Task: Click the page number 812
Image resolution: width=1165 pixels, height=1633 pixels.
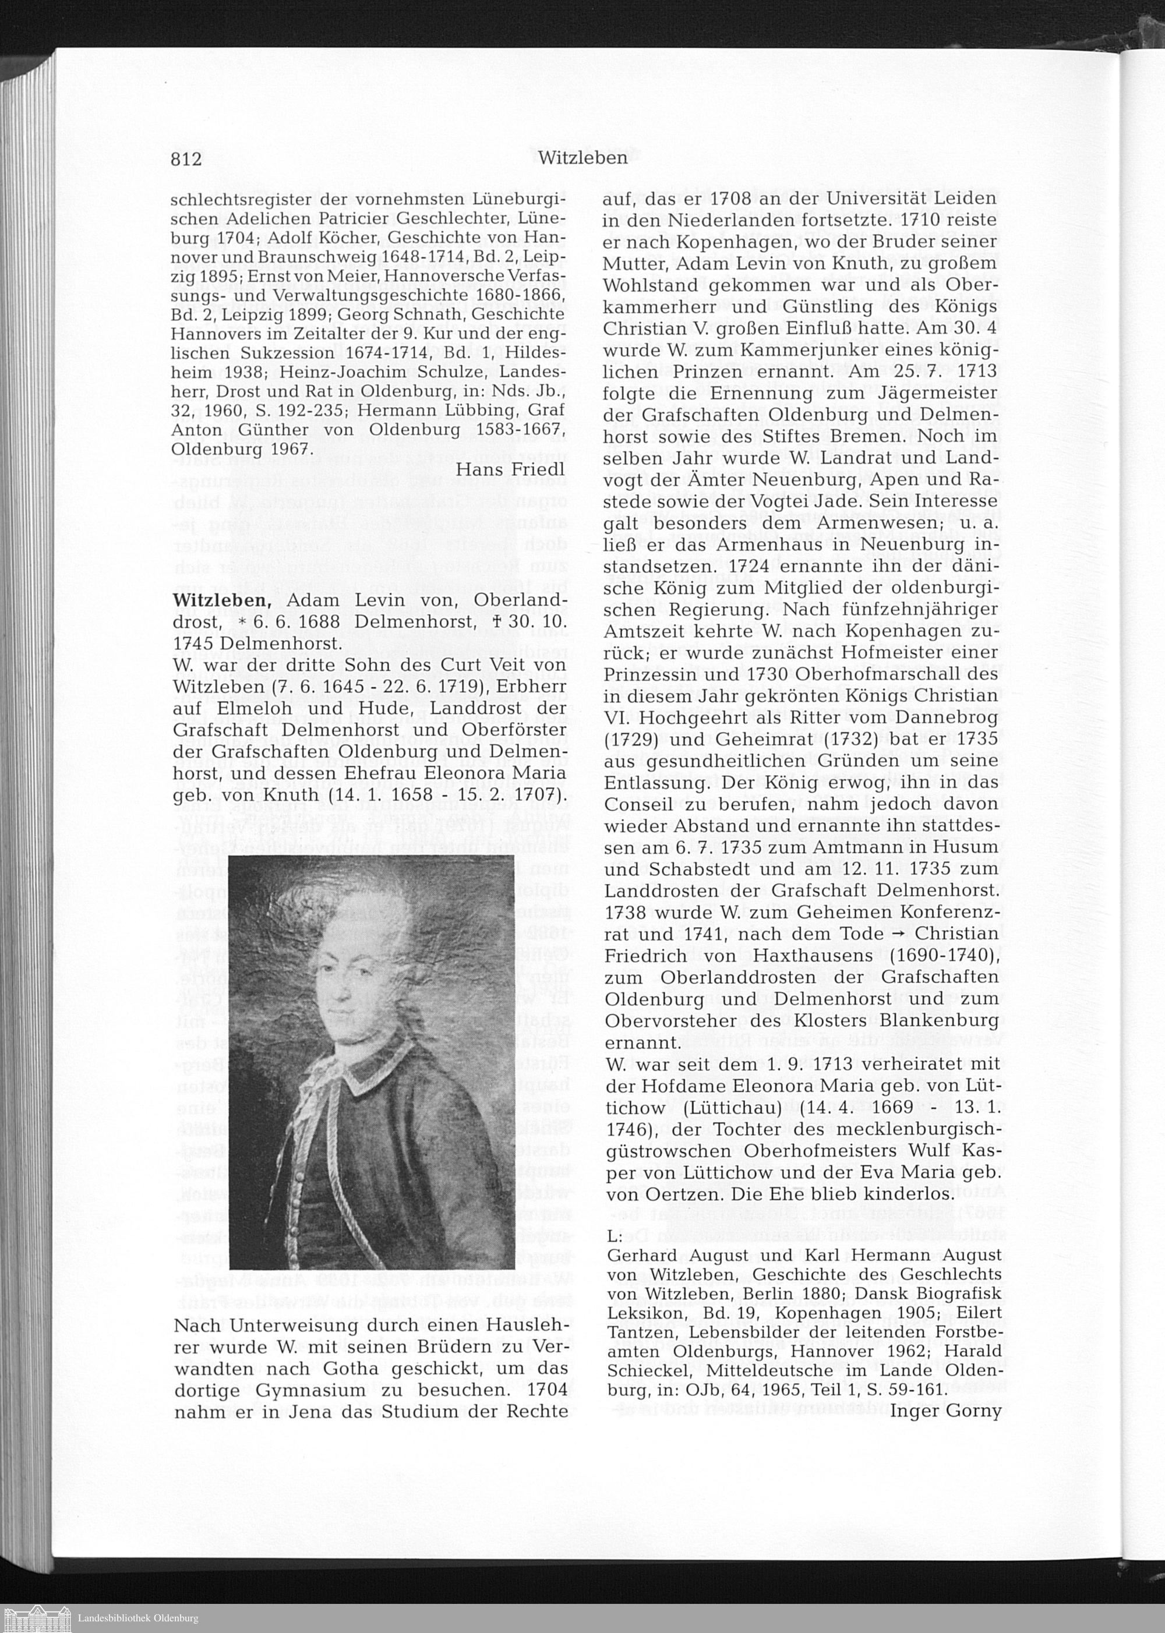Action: click(x=186, y=158)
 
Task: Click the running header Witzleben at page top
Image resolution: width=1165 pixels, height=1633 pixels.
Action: click(x=582, y=158)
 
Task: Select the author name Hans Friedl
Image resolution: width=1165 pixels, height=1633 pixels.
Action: click(x=511, y=469)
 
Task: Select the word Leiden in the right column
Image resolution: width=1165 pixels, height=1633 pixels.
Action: click(x=958, y=199)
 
